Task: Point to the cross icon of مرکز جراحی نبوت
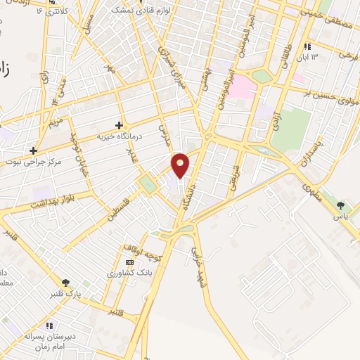(x=32, y=150)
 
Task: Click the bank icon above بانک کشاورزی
(x=128, y=262)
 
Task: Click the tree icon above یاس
(x=341, y=205)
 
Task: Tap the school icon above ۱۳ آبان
(x=307, y=46)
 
